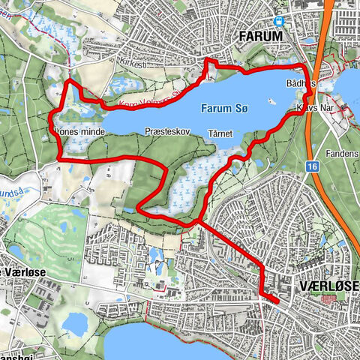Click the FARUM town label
[x=260, y=36]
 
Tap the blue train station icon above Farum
[x=279, y=22]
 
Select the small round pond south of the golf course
[x=74, y=323]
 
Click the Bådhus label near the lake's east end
[x=300, y=83]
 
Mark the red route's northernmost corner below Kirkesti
[x=207, y=60]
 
